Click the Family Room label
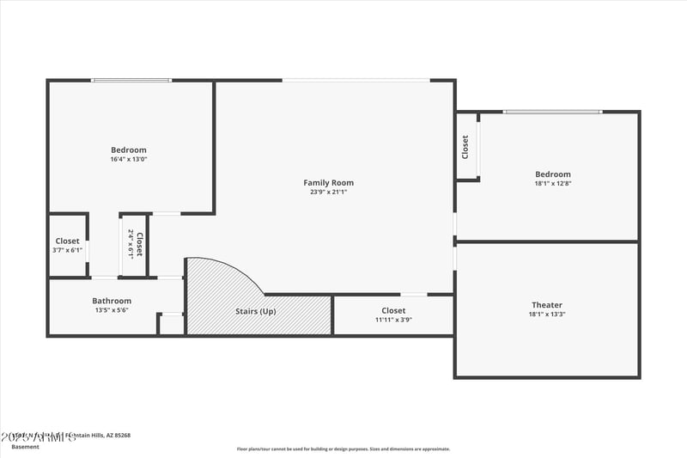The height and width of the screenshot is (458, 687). [328, 182]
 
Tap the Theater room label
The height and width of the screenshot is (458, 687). [547, 305]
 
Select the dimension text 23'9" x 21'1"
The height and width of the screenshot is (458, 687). [328, 192]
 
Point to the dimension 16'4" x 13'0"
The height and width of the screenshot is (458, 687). [129, 160]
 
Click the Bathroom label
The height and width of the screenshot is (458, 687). [112, 301]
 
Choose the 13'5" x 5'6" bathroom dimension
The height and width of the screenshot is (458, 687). [112, 310]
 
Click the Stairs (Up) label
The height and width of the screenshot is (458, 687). [256, 311]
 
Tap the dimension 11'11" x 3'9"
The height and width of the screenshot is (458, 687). [393, 320]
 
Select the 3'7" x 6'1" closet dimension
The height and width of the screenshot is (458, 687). [68, 250]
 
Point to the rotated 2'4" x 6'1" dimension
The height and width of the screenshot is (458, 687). [131, 243]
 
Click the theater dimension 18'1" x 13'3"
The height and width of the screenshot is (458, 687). [547, 314]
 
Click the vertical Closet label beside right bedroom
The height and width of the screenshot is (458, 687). [465, 146]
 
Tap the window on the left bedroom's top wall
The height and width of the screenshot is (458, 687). [131, 81]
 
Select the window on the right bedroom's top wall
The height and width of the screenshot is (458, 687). [552, 112]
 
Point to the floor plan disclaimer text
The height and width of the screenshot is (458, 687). [343, 449]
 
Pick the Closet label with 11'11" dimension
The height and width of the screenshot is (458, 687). [393, 310]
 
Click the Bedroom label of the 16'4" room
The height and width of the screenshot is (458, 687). [129, 150]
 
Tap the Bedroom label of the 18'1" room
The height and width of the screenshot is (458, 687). [552, 174]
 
